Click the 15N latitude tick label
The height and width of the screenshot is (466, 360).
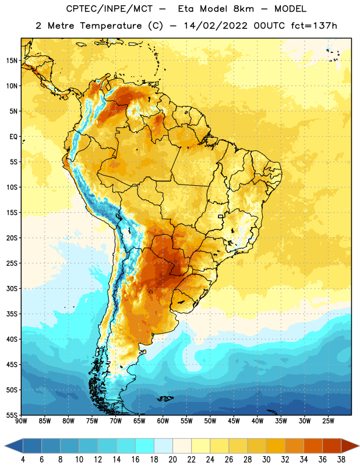point(12,61)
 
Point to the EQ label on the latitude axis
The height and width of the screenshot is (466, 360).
point(13,137)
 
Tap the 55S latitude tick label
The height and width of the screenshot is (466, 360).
point(12,415)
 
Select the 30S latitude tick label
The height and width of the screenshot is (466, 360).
point(12,288)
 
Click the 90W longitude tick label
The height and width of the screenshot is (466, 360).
point(21,421)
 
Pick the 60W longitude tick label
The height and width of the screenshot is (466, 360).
point(163,421)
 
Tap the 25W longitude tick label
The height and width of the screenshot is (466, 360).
point(329,421)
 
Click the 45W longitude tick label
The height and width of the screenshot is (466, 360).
point(234,421)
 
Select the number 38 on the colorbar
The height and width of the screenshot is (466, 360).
point(341,460)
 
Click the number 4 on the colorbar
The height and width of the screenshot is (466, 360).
point(23,460)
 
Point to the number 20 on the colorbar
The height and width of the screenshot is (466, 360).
point(172,460)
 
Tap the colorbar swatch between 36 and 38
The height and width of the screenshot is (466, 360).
point(332,446)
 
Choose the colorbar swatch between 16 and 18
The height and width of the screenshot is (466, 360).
point(145,446)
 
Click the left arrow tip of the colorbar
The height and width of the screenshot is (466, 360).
point(5,446)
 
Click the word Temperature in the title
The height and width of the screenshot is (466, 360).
point(111,26)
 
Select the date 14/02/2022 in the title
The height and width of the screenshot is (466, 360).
point(216,26)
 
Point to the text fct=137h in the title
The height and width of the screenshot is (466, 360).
point(314,26)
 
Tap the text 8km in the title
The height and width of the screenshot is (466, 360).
point(243,9)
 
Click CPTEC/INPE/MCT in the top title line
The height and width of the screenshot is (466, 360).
point(110,9)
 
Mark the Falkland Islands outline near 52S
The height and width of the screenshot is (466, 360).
point(165,398)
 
